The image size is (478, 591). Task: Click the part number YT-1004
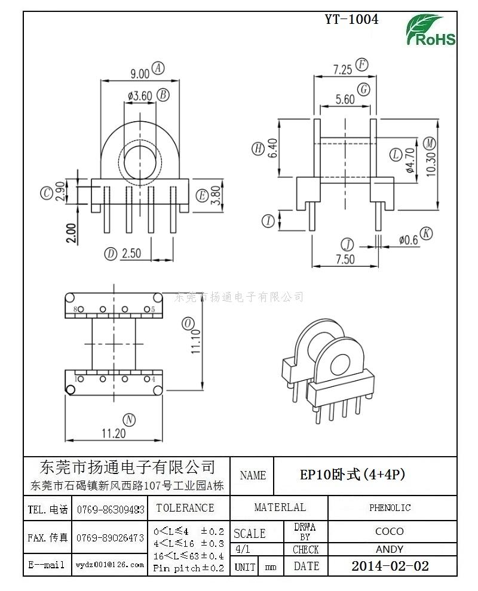[x=351, y=19]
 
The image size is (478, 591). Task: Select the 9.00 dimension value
[x=139, y=73]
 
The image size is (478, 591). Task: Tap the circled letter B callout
[x=163, y=94]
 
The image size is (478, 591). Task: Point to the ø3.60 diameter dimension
[x=139, y=96]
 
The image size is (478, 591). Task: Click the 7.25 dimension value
[x=342, y=69]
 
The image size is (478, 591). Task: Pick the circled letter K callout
[x=425, y=233]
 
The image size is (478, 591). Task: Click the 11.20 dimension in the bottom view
[x=114, y=433]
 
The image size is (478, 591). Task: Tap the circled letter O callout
[x=188, y=323]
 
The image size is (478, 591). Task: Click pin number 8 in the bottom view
[x=76, y=310]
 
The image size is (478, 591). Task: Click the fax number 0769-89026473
[x=111, y=538]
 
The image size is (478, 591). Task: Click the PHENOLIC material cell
[x=390, y=508]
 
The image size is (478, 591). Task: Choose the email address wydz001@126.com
[x=110, y=564]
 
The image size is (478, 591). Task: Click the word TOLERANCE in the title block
[x=185, y=508]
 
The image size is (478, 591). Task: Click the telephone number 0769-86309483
[x=111, y=510]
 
